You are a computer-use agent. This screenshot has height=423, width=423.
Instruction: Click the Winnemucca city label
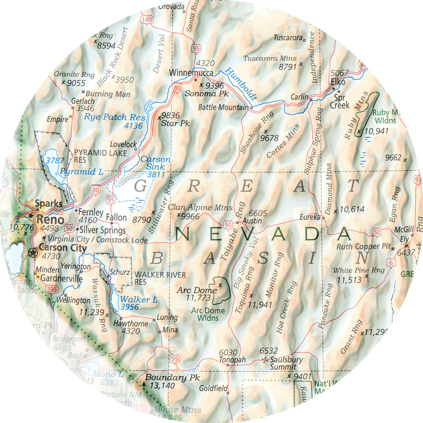pos(191,73)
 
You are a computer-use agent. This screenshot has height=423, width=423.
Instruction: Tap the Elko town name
pos(338,82)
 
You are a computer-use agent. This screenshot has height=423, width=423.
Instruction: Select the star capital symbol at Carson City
pos(33,253)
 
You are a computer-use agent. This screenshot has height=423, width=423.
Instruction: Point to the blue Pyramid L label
pos(82,172)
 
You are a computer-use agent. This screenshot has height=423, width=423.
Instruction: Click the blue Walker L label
pos(139,300)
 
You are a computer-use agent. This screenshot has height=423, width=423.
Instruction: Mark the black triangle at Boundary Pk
pos(144,384)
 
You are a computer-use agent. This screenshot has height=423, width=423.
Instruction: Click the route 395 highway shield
pos(51,289)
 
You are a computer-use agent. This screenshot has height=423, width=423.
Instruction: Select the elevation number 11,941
pos(260,305)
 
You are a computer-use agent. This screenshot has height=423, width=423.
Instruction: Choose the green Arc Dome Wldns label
pos(208,314)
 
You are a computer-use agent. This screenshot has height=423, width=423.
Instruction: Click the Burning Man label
pos(108,94)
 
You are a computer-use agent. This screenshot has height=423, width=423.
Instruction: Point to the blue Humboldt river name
pos(241,84)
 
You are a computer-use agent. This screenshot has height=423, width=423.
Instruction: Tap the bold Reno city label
pos(50,220)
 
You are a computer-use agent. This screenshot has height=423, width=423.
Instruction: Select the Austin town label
pos(252,221)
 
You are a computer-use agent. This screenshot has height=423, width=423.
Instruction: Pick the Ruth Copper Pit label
pos(363,247)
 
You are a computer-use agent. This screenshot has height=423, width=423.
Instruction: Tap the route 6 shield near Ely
pos(391,263)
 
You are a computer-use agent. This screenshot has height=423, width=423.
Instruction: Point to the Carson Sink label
pos(155,163)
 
